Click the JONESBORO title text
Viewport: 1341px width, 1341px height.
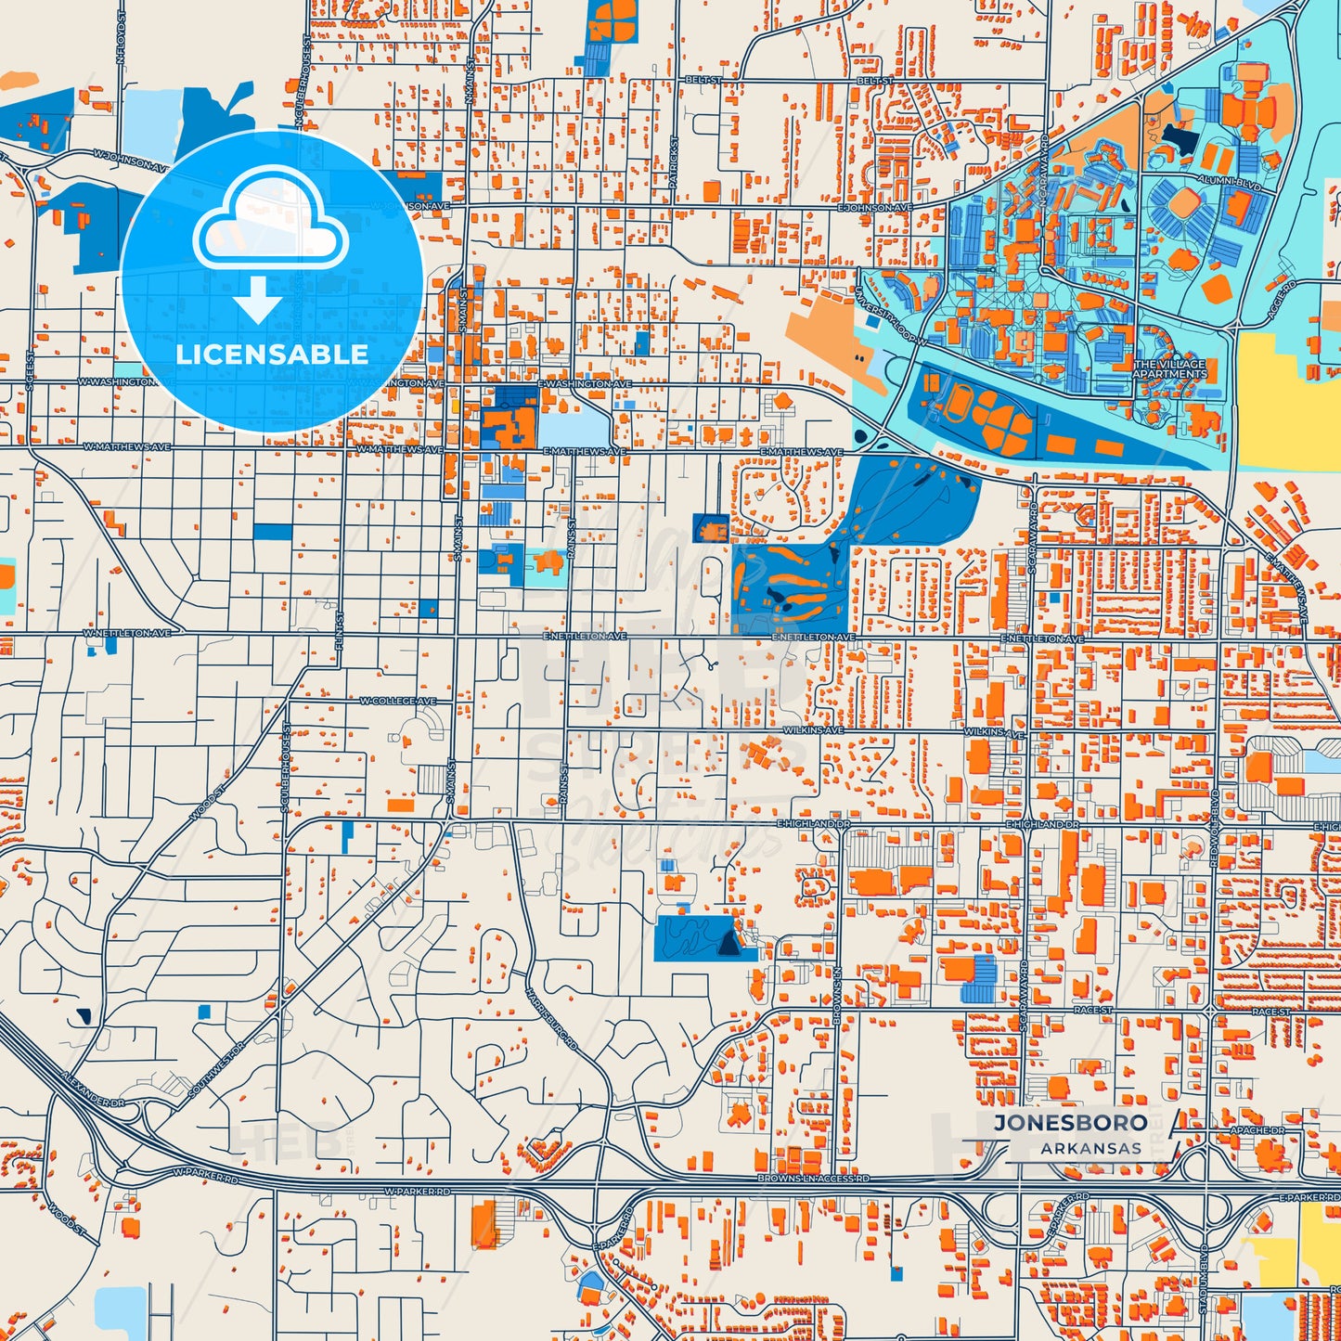[1070, 1122]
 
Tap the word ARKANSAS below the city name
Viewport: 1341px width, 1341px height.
[1090, 1149]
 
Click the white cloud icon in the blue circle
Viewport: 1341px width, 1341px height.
[270, 226]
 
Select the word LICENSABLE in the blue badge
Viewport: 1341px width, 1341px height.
[272, 354]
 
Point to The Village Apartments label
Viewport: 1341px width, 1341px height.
[1169, 369]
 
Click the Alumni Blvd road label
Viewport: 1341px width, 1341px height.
[1230, 183]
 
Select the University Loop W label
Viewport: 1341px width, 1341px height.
[891, 315]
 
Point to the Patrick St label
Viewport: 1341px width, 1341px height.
[675, 163]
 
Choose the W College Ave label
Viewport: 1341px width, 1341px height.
[398, 701]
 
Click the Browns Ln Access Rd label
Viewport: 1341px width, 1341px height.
[813, 1178]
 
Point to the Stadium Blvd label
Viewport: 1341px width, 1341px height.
[1204, 1277]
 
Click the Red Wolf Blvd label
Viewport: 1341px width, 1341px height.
[1214, 829]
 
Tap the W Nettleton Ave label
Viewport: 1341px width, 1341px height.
[127, 633]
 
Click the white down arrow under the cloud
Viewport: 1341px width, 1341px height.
[258, 302]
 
